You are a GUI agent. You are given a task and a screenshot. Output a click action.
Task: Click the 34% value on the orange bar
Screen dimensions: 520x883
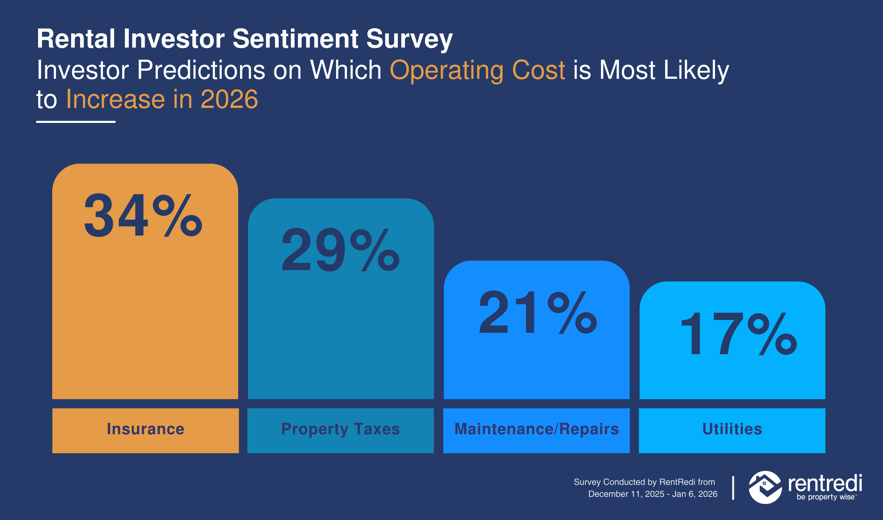point(143,216)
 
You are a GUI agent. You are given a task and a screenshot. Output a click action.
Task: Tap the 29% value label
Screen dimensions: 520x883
point(340,250)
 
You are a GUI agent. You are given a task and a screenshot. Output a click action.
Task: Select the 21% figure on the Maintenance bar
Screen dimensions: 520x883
point(538,312)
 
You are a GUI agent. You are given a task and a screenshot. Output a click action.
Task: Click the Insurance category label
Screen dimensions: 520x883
point(145,429)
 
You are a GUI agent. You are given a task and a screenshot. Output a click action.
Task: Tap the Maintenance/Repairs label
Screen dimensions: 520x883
point(537,429)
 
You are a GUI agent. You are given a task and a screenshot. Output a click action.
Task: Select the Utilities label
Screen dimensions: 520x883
point(732,429)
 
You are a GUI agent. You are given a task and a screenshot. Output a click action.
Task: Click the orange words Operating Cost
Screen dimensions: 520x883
point(477,70)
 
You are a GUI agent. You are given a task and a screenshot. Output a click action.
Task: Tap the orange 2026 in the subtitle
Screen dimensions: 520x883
point(229,99)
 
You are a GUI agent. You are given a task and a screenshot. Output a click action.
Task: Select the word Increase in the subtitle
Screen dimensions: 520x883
point(115,99)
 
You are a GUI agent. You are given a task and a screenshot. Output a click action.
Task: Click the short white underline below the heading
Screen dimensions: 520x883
point(76,122)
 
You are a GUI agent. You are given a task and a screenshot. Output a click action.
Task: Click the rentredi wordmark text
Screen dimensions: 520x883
point(825,484)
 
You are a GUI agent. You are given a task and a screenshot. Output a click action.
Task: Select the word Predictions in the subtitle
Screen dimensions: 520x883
point(201,70)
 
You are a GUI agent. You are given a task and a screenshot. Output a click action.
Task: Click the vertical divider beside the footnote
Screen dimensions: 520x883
point(733,488)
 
